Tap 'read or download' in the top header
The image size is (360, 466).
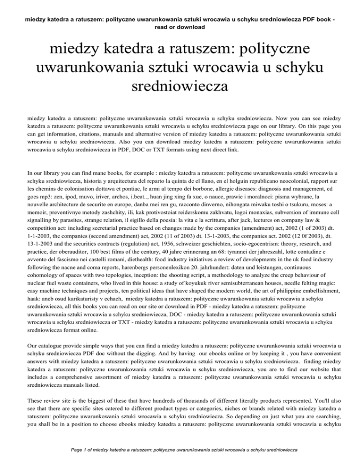[x=180, y=27]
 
